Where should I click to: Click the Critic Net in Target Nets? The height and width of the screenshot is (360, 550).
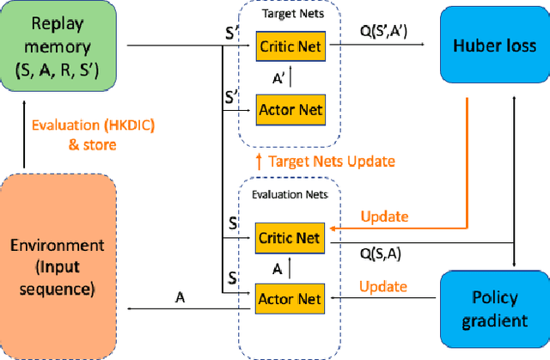pyautogui.click(x=290, y=46)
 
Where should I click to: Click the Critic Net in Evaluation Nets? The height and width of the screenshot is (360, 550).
pyautogui.click(x=290, y=237)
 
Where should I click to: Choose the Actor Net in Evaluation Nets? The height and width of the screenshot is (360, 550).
pyautogui.click(x=290, y=298)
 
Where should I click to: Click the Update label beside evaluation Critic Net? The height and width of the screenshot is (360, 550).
pyautogui.click(x=383, y=216)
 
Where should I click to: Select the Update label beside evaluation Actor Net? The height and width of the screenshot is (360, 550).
pyautogui.click(x=383, y=284)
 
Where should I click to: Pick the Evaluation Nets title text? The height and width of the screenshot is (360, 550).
pyautogui.click(x=290, y=196)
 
